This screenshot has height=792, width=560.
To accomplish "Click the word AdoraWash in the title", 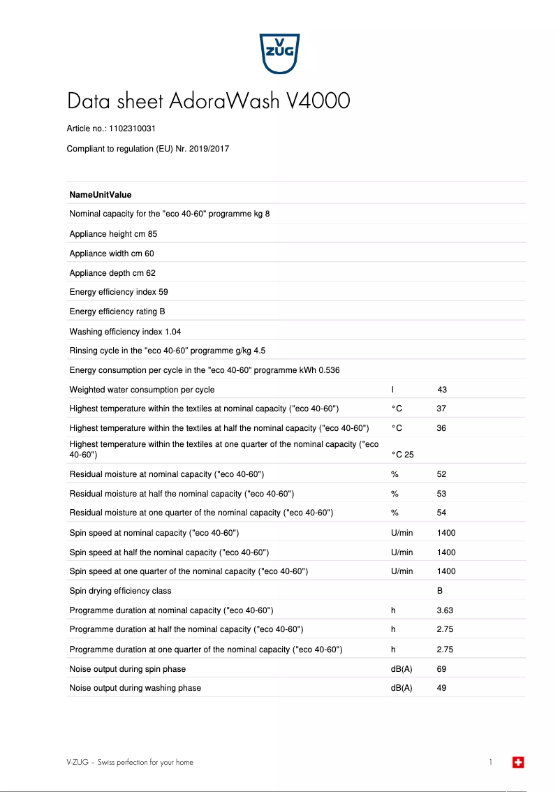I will pos(226,101).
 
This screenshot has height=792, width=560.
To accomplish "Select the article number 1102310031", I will pos(133,129).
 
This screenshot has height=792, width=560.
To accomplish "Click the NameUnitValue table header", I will pos(101,195).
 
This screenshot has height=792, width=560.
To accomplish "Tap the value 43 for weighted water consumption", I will pos(442,390).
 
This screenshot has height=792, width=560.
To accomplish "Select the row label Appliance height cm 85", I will pos(113,234).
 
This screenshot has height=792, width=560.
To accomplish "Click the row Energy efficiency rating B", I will pos(117,311).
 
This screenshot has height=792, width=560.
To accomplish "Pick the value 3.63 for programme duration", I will pos(445,610).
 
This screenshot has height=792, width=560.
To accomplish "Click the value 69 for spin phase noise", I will pos(441,669).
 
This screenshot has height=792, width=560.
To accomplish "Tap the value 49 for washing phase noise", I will pos(441,688).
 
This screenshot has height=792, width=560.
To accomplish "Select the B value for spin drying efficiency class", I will pos(440,591).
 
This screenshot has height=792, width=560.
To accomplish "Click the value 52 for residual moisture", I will pos(441,474).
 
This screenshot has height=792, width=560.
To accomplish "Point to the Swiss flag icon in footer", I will pos(518,763).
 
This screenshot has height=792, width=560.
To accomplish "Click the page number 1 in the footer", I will pos(491,763).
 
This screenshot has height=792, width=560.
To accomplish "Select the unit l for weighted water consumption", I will pos(392,390).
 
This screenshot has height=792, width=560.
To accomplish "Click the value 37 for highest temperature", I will pos(441,409).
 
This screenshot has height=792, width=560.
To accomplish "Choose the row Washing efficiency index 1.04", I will pos(125,332).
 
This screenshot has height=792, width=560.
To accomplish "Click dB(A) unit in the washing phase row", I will pos(401,688).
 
